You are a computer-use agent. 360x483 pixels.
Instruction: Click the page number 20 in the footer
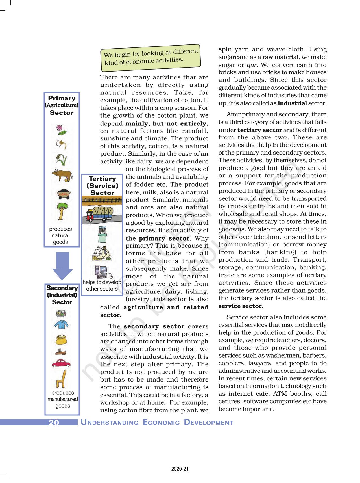(54, 423)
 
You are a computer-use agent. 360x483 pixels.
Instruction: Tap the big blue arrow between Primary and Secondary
(63, 266)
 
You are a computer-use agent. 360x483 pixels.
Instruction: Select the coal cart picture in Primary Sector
(64, 194)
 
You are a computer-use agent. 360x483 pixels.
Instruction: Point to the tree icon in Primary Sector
(62, 211)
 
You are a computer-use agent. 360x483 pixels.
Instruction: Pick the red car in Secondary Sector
(61, 363)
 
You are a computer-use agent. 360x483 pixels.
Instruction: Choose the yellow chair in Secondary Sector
(62, 379)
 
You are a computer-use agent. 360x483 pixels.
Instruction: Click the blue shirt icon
(61, 324)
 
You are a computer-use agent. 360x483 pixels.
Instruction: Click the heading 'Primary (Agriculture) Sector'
(62, 105)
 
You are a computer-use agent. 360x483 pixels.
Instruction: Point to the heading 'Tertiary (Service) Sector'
(102, 186)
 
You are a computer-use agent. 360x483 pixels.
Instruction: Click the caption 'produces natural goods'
(60, 235)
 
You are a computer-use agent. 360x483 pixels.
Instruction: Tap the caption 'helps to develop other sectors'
(102, 285)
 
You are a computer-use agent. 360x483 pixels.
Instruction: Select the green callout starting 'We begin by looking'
(151, 57)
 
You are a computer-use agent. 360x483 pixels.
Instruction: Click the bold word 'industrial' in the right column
(292, 103)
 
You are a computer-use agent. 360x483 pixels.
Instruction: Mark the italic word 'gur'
(252, 65)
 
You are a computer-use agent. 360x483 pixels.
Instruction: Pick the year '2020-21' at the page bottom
(180, 469)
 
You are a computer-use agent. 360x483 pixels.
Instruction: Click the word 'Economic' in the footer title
(161, 423)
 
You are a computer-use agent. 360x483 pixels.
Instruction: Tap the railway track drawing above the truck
(102, 201)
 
